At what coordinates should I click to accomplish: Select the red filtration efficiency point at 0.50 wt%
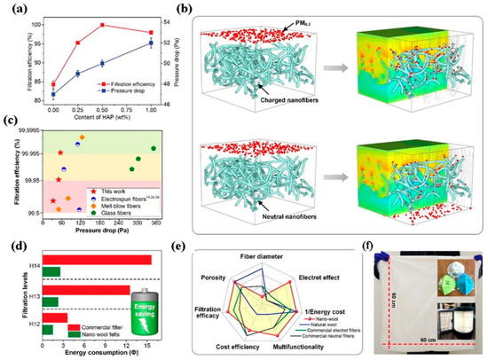point(102,25)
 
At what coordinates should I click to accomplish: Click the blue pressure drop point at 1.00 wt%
point(151,43)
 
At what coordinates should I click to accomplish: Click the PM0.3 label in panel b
point(266,18)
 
